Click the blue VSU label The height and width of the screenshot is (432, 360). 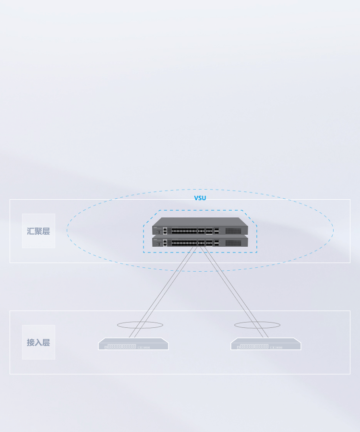(x=200, y=198)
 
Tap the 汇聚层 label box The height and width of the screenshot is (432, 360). (x=38, y=231)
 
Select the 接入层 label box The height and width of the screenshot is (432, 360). (x=38, y=342)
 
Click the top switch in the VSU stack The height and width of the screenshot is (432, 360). (x=200, y=226)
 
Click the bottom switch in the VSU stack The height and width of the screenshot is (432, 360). (x=200, y=241)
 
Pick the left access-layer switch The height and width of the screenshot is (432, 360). (x=133, y=344)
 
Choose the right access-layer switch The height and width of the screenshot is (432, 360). (x=266, y=344)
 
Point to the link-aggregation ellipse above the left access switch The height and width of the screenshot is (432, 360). (x=140, y=328)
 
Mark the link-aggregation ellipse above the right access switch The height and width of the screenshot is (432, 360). (x=257, y=328)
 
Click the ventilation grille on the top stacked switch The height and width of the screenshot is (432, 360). (x=233, y=231)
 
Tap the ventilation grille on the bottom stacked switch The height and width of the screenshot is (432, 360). (x=233, y=243)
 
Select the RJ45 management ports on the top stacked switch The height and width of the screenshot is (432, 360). (x=165, y=231)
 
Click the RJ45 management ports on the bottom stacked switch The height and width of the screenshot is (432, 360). (x=165, y=243)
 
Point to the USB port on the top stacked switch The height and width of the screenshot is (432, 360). (x=159, y=232)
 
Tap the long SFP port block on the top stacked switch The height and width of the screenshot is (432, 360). (x=184, y=231)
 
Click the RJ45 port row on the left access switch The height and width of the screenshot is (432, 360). (x=121, y=346)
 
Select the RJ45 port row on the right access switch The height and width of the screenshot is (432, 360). (x=254, y=346)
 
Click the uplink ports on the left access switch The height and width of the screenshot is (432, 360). (x=144, y=348)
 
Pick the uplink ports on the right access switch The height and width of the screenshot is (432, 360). (x=276, y=348)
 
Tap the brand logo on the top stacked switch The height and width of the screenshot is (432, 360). (x=155, y=228)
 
